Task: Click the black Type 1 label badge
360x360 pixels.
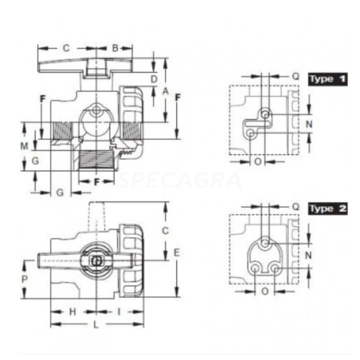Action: pyautogui.click(x=328, y=80)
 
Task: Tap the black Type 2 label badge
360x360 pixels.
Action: pyautogui.click(x=328, y=209)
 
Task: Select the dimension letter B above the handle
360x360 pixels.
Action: pyautogui.click(x=115, y=48)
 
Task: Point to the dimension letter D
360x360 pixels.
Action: pyautogui.click(x=154, y=79)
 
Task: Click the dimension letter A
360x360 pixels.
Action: pyautogui.click(x=166, y=91)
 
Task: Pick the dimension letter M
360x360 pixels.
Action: pyautogui.click(x=24, y=146)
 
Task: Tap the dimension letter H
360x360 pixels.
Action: pyautogui.click(x=72, y=312)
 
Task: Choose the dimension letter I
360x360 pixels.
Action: pyautogui.click(x=119, y=312)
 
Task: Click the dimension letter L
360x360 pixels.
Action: pyautogui.click(x=96, y=324)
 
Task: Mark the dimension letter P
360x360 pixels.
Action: pyautogui.click(x=24, y=279)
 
